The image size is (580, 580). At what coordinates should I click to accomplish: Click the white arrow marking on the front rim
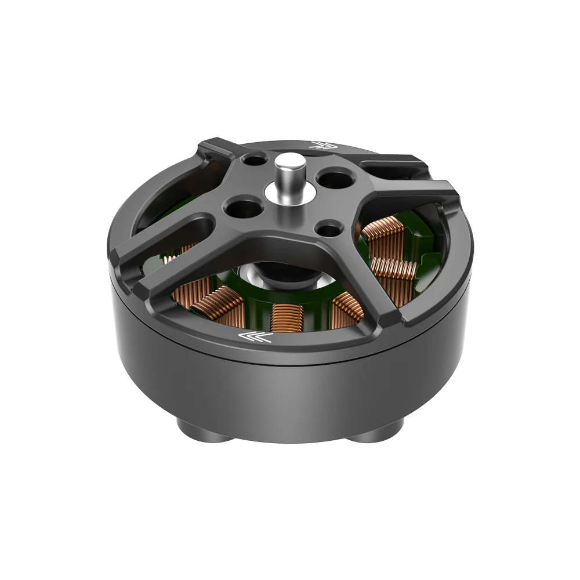click(x=255, y=337)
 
